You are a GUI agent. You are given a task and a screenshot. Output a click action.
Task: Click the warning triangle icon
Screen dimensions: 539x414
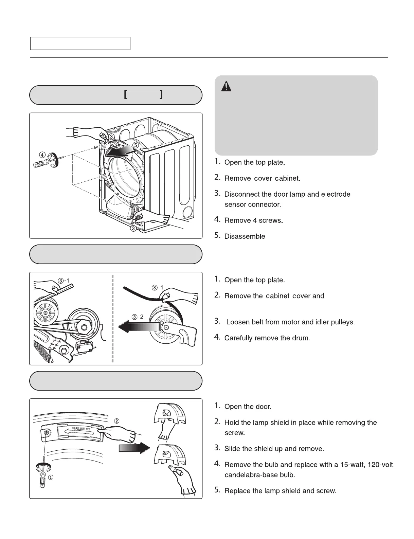(226, 87)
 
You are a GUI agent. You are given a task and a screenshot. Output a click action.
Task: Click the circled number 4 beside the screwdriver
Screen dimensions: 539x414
(42, 155)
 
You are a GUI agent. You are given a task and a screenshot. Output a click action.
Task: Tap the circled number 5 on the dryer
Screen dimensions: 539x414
(136, 145)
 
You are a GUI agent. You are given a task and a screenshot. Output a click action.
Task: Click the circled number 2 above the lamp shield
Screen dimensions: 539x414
(116, 421)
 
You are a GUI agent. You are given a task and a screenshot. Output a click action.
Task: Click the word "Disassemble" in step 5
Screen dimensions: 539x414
(245, 236)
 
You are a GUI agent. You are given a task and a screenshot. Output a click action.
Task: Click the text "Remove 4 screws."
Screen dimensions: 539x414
(254, 220)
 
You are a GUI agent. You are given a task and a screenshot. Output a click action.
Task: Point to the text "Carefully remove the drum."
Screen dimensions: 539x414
(267, 338)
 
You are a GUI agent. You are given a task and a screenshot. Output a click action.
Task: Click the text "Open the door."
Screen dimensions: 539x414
(248, 407)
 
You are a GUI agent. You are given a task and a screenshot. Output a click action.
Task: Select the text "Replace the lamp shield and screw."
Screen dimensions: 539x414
(280, 491)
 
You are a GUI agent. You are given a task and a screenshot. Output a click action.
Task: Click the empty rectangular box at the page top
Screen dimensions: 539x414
(80, 43)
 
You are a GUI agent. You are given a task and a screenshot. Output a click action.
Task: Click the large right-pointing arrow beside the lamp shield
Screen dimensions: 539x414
(134, 448)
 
